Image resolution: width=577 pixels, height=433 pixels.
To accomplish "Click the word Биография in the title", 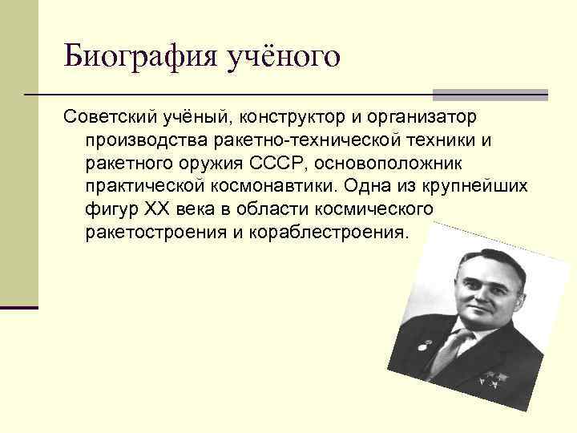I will coord(131,56).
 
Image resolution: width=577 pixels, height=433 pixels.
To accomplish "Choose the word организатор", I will coord(424,118).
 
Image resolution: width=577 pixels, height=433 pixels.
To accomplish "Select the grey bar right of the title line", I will coord(490,94).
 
